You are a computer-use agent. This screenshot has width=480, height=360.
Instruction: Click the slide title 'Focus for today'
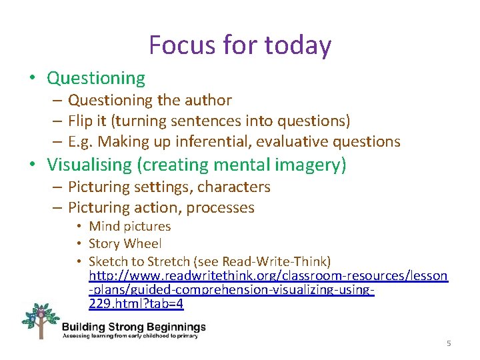point(240,45)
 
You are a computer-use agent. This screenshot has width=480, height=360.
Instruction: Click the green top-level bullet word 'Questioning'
point(96,78)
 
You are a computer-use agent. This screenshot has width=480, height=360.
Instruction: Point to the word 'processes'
point(220,208)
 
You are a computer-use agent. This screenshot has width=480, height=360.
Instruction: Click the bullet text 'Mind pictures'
point(129,227)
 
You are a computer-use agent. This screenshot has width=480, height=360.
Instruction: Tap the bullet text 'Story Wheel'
point(125,244)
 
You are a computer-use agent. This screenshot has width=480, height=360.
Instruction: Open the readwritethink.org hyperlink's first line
point(268,275)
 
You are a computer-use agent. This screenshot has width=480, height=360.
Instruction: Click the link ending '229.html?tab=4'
point(136,305)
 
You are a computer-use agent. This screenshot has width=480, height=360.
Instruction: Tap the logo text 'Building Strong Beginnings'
point(133,327)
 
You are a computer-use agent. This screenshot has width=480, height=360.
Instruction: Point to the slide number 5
point(449,343)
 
